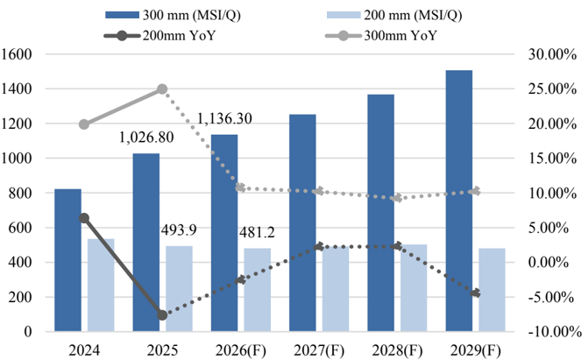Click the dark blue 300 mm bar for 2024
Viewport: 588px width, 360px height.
click(x=67, y=260)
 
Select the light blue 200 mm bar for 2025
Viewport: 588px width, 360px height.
click(x=180, y=288)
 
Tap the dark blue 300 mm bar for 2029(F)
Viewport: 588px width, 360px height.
click(x=459, y=201)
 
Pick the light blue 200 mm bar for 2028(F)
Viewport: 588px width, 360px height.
click(x=414, y=287)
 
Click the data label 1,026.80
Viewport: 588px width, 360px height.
click(x=146, y=138)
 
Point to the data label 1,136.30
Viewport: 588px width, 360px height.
click(x=224, y=118)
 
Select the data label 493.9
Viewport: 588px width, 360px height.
click(x=179, y=229)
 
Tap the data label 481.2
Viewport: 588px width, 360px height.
click(x=258, y=232)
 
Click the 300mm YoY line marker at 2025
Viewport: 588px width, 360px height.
click(x=162, y=88)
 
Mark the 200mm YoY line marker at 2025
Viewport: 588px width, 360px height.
click(x=162, y=315)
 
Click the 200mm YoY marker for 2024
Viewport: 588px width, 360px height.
click(x=84, y=218)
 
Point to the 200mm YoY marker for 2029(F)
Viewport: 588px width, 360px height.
click(x=476, y=293)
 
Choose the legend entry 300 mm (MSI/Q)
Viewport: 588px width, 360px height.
click(x=173, y=15)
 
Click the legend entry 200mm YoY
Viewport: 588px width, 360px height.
click(x=159, y=36)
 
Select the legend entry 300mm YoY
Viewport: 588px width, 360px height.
click(x=381, y=36)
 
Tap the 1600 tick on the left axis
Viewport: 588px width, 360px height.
click(x=17, y=54)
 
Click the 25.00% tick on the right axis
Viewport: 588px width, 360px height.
click(x=552, y=88)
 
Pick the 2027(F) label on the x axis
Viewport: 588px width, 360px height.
click(x=319, y=351)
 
